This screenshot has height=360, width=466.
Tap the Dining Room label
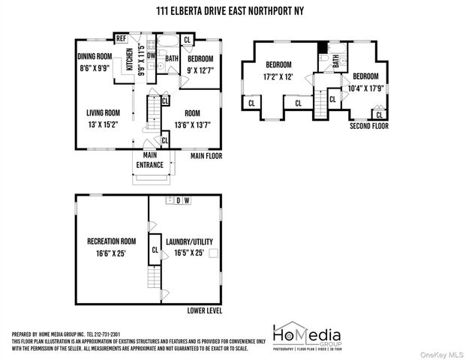click(95, 55)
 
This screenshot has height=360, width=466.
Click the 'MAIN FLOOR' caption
click(208, 156)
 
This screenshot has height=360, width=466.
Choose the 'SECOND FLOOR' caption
click(368, 127)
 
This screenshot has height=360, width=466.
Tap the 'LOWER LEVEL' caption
click(204, 309)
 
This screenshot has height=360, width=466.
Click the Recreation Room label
click(111, 241)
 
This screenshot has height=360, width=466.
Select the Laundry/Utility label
click(189, 241)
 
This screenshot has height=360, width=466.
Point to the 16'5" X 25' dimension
click(189, 253)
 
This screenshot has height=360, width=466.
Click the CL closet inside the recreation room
click(155, 250)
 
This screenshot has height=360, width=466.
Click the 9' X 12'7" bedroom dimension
click(200, 70)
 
